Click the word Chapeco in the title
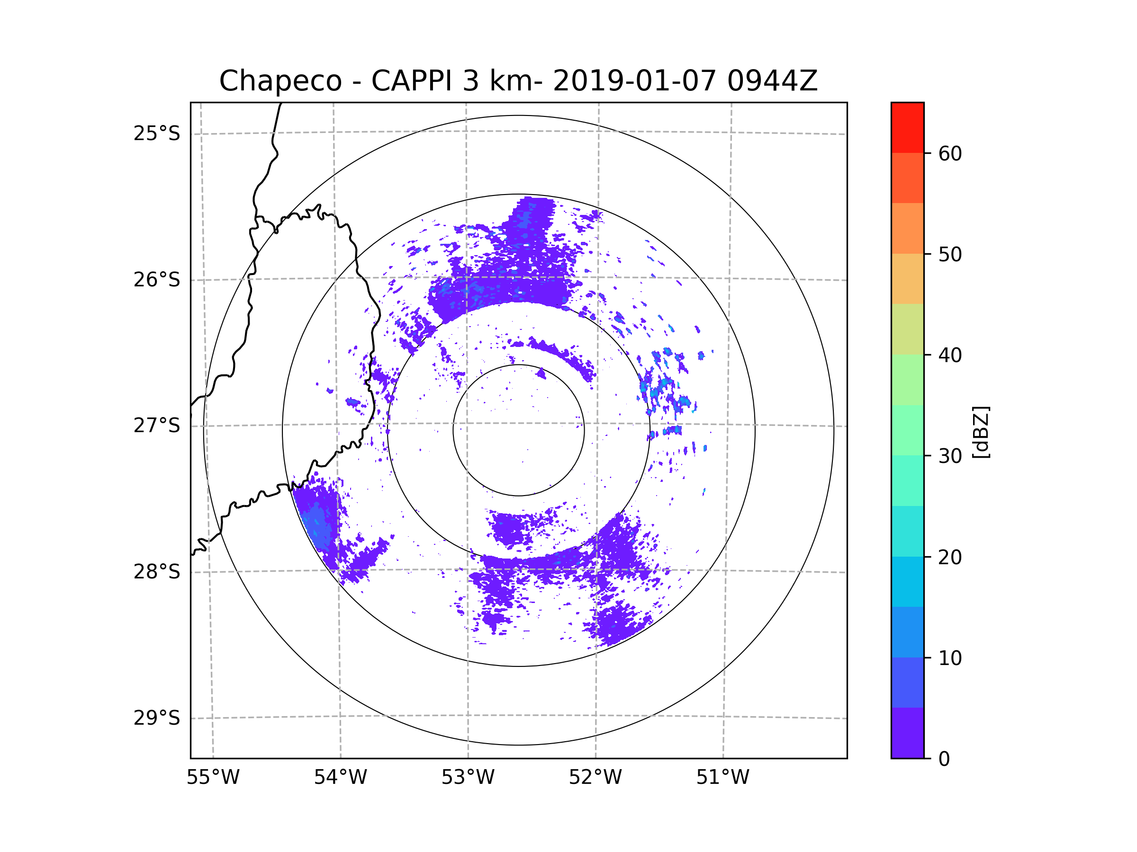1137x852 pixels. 280,81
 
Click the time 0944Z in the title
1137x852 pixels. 772,81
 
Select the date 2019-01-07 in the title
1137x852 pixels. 634,81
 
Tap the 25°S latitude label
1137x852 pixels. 157,133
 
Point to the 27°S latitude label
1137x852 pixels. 157,425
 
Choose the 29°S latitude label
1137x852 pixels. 157,718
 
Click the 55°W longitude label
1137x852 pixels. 213,777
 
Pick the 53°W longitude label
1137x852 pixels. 468,777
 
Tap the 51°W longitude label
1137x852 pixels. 722,777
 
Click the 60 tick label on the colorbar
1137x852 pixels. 950,153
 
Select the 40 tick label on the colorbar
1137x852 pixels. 950,355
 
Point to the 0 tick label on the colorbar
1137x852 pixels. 944,759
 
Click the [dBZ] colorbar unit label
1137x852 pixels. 981,432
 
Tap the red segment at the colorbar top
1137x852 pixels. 907,127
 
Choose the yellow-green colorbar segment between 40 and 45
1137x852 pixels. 907,329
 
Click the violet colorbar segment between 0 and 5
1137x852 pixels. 907,733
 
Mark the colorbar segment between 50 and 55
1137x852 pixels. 907,228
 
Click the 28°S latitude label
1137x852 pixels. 157,571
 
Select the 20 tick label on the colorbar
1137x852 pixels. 950,557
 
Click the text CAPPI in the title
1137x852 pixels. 411,81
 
